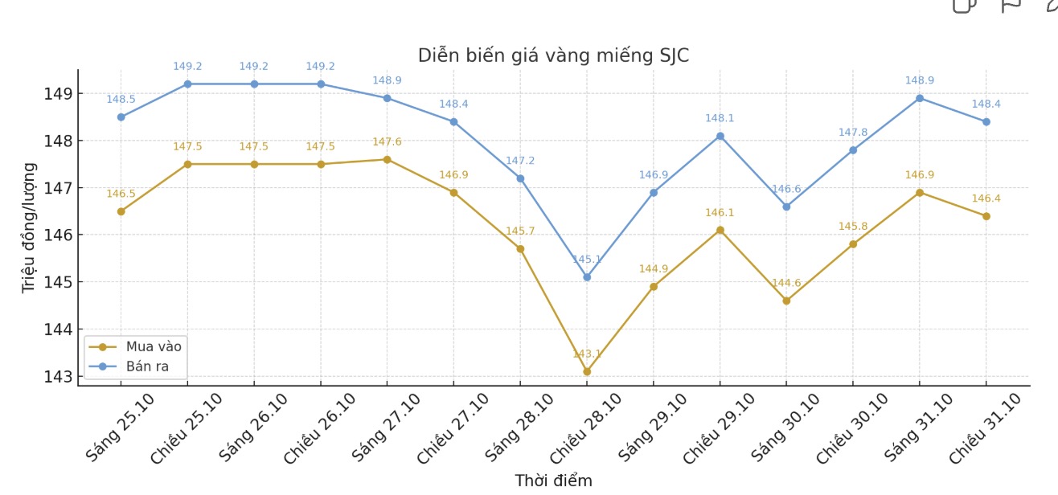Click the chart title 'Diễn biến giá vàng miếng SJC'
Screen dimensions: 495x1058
pos(553,56)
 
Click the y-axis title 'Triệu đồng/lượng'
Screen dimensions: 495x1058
pos(29,227)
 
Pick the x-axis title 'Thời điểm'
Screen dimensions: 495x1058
pos(553,481)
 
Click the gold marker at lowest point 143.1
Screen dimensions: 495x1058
pos(587,371)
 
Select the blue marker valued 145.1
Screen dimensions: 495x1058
pos(587,277)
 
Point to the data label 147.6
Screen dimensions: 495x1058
pos(387,142)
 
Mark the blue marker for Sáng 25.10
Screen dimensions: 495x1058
pos(121,117)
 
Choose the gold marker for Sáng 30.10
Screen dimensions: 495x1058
pos(786,301)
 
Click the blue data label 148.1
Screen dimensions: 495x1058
pos(720,119)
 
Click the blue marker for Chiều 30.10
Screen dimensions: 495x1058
pos(853,150)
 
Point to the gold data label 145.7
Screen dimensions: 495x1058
pos(520,231)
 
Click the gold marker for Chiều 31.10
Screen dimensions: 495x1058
pos(986,216)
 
